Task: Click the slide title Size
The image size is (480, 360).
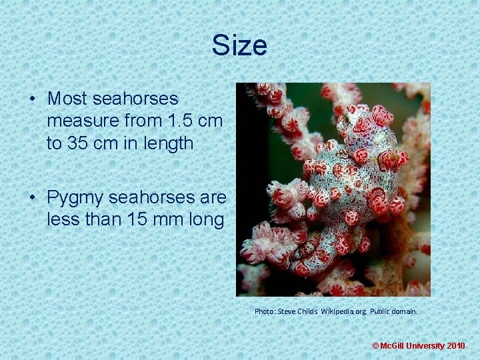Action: (x=239, y=45)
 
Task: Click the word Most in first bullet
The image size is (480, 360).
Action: (x=67, y=99)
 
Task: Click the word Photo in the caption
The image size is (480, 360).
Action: (x=265, y=311)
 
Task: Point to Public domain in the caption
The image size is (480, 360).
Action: (x=393, y=311)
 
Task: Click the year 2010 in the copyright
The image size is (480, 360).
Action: (x=456, y=346)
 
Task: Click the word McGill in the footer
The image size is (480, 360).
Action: (x=391, y=346)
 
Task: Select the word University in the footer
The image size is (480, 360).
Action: (x=425, y=346)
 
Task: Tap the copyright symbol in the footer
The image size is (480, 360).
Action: (x=375, y=346)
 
